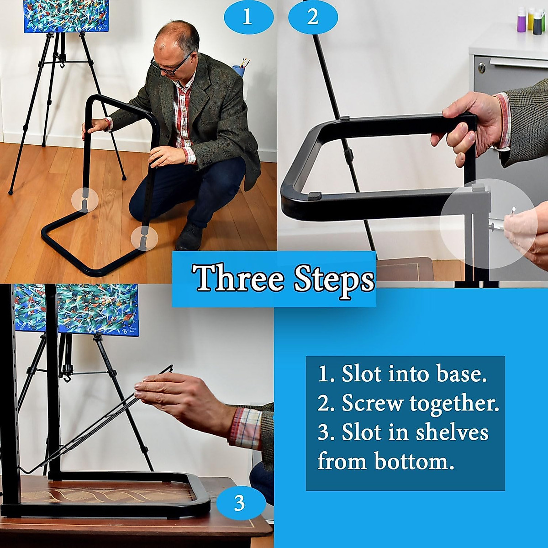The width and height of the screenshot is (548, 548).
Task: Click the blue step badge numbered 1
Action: [x=248, y=17]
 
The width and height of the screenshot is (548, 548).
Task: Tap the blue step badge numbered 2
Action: [x=313, y=17]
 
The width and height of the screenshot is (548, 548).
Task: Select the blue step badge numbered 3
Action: [x=241, y=503]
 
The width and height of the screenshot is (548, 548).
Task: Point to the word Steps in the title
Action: [x=334, y=281]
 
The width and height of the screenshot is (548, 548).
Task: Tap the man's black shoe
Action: [x=189, y=237]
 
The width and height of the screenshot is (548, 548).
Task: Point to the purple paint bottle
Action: [x=521, y=23]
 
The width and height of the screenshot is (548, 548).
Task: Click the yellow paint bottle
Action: [x=531, y=19]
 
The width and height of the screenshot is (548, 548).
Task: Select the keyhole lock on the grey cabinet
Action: [x=481, y=67]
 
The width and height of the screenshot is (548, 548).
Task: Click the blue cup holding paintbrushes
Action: [x=239, y=70]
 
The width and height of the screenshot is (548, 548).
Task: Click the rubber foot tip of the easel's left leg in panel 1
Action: [x=10, y=192]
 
